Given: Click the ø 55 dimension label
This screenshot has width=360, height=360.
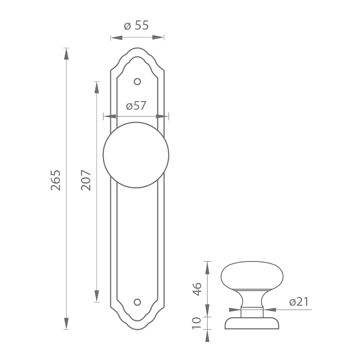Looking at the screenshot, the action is (136, 25).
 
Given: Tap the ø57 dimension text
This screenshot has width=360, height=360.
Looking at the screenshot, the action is (136, 106).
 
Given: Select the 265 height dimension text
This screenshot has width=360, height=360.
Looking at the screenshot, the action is (56, 180).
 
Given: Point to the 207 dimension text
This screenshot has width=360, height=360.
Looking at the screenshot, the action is (86, 180).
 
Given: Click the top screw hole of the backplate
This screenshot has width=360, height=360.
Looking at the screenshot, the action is (137, 82).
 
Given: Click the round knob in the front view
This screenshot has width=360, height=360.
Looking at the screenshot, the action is (136, 155).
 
